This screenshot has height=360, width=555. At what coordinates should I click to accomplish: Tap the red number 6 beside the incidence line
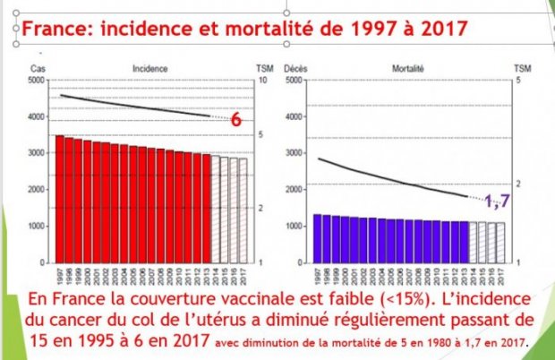pyautogui.click(x=237, y=120)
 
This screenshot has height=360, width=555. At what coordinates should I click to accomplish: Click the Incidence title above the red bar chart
pyautogui.click(x=144, y=68)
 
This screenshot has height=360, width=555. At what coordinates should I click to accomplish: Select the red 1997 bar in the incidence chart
pyautogui.click(x=59, y=198)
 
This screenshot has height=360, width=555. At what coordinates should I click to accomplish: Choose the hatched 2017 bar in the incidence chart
pyautogui.click(x=243, y=210)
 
